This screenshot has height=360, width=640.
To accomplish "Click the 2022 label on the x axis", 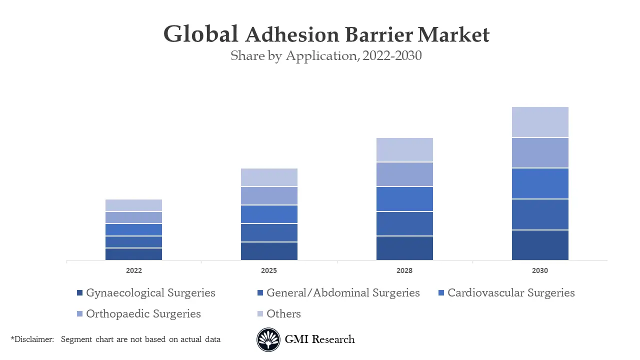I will (x=133, y=270).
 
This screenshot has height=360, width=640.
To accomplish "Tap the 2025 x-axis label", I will (x=269, y=270).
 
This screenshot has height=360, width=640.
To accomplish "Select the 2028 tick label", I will (x=404, y=270).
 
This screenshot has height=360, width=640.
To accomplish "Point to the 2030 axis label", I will (x=540, y=270).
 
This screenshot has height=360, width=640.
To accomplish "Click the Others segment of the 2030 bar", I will (x=540, y=122).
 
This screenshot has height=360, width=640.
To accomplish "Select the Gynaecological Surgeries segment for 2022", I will (x=133, y=254).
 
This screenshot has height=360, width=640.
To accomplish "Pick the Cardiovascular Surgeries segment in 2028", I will (x=404, y=199).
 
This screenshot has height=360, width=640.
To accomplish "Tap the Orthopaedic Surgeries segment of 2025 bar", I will (x=269, y=195).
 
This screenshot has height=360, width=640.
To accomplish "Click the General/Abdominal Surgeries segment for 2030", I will (x=540, y=214).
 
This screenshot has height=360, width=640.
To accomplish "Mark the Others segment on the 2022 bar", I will (x=133, y=205).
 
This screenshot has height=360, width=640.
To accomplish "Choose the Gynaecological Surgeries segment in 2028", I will (x=404, y=248).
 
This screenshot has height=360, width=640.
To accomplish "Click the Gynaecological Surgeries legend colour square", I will (x=79, y=293).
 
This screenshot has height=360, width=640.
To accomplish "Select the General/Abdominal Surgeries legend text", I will (x=343, y=293).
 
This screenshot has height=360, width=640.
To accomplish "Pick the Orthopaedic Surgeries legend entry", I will (x=143, y=314).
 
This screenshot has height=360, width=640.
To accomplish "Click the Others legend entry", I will (x=283, y=314).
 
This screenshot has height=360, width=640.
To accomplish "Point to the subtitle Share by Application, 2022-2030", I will (x=326, y=56).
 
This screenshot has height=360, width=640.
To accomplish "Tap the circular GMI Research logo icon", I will (x=268, y=339).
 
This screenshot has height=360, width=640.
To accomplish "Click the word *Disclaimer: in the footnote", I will (x=32, y=339).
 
